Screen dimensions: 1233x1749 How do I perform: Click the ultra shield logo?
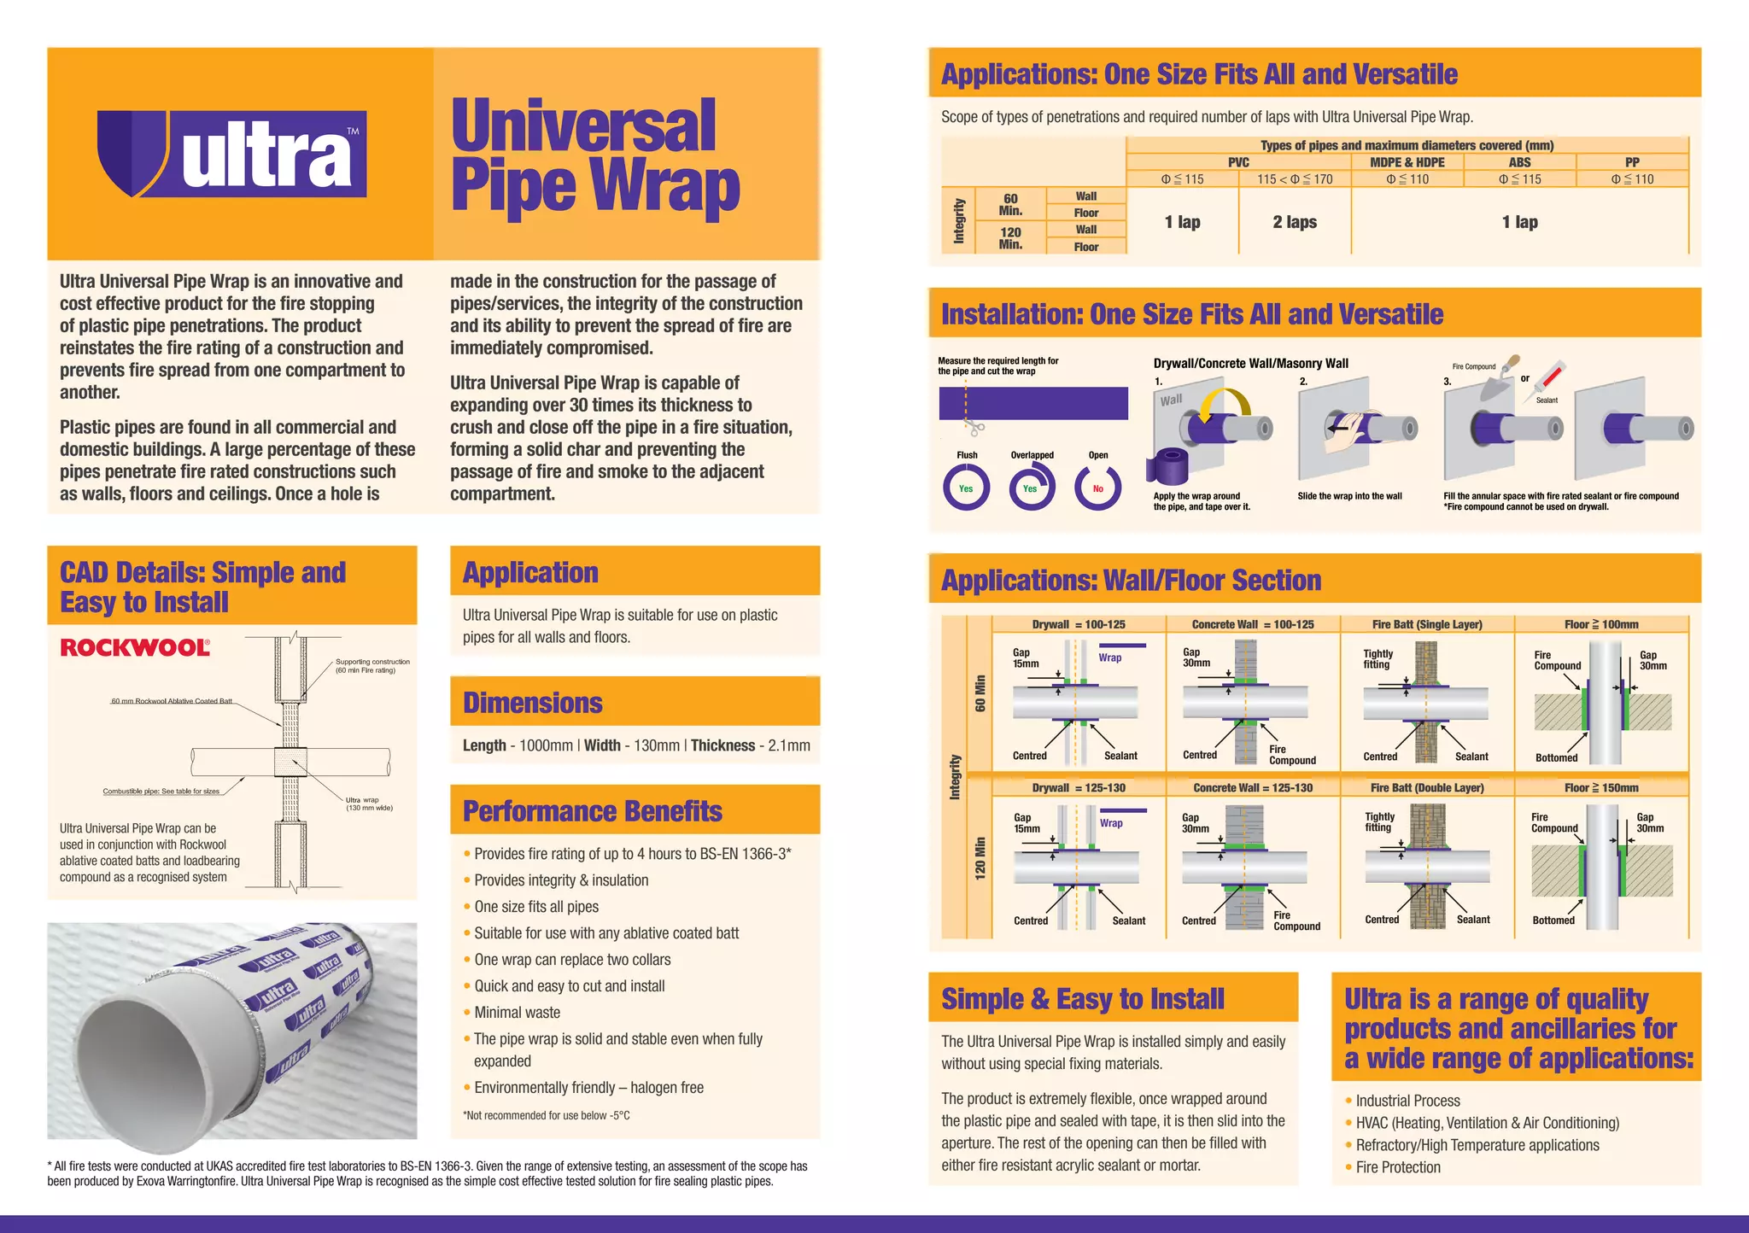(231, 155)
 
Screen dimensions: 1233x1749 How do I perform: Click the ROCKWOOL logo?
(135, 647)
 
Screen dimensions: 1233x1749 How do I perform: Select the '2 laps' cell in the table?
(1295, 222)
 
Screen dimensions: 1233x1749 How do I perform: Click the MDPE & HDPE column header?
(1407, 162)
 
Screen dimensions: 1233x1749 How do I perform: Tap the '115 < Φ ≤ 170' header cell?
(1294, 179)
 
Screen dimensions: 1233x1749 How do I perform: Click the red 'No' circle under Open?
(1097, 488)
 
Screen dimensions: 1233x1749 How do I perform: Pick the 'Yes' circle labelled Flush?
(966, 488)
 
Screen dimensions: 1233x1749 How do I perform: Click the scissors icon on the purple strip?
(976, 428)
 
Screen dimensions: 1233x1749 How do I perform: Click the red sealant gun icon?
(1549, 377)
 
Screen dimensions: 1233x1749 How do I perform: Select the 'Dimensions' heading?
(532, 703)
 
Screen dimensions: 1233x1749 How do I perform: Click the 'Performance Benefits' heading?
(592, 811)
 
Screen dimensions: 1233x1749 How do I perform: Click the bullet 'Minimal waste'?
(518, 1013)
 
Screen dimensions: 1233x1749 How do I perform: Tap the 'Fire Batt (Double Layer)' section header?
(1427, 787)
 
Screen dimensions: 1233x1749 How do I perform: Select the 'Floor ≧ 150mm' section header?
(1601, 787)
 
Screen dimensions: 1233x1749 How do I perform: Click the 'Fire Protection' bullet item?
(1397, 1167)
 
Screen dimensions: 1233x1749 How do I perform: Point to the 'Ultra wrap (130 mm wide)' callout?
(368, 803)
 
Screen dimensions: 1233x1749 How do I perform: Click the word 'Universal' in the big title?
(583, 126)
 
